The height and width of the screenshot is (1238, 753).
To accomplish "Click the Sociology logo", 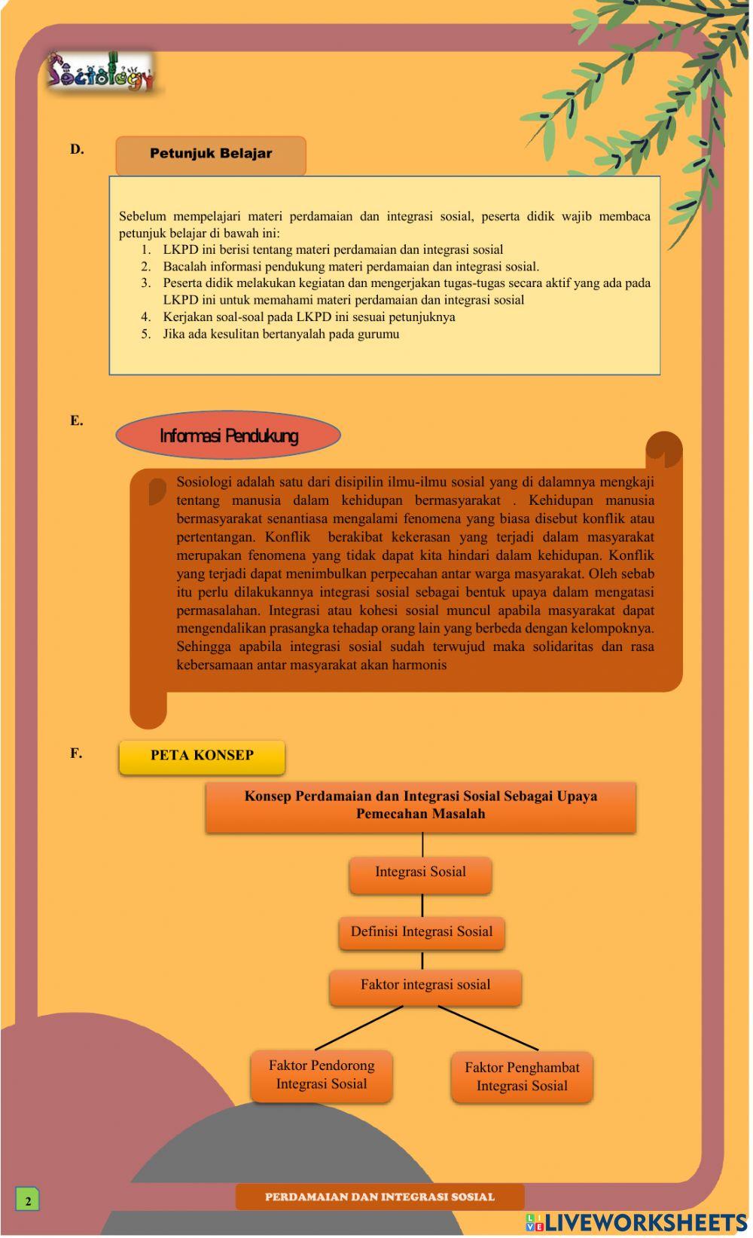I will pyautogui.click(x=100, y=72).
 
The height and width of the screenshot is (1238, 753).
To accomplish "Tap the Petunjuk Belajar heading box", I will pyautogui.click(x=211, y=154).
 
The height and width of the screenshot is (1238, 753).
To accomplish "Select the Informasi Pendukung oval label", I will pyautogui.click(x=228, y=436).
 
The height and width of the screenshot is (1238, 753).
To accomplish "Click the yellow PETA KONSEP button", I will pyautogui.click(x=202, y=756).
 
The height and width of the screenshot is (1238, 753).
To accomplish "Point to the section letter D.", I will pyautogui.click(x=77, y=149).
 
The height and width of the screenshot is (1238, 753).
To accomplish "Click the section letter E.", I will pyautogui.click(x=77, y=420).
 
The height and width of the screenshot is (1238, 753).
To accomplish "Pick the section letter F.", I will pyautogui.click(x=76, y=753).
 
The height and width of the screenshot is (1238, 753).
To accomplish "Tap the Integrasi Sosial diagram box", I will pyautogui.click(x=420, y=873).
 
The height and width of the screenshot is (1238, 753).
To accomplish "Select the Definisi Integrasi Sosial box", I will pyautogui.click(x=421, y=932).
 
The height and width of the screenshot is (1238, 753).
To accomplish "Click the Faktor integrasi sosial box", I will pyautogui.click(x=425, y=986).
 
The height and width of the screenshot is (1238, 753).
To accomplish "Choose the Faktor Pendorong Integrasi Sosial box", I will pyautogui.click(x=322, y=1075).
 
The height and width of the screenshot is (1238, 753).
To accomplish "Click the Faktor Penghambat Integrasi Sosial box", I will pyautogui.click(x=522, y=1077).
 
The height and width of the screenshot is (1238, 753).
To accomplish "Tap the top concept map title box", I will pyautogui.click(x=420, y=805).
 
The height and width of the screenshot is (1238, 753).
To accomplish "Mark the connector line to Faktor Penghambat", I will pyautogui.click(x=488, y=1028).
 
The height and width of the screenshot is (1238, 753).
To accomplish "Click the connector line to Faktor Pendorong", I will pyautogui.click(x=359, y=1028).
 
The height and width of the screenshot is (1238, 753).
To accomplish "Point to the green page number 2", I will pyautogui.click(x=28, y=1200).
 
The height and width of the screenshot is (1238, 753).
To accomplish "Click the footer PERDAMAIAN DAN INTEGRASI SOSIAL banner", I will pyautogui.click(x=380, y=1197).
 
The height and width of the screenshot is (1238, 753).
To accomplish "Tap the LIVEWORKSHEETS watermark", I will pyautogui.click(x=636, y=1222).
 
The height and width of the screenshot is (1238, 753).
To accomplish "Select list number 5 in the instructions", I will pyautogui.click(x=146, y=334).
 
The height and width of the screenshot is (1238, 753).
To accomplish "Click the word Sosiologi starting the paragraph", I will pyautogui.click(x=204, y=482).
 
